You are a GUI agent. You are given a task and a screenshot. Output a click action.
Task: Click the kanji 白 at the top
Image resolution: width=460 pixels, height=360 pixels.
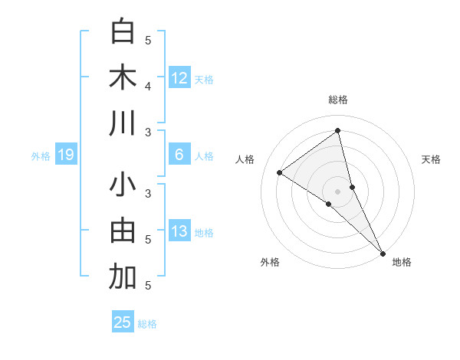(123, 32)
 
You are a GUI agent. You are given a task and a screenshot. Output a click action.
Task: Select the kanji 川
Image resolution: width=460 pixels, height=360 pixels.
(123, 124)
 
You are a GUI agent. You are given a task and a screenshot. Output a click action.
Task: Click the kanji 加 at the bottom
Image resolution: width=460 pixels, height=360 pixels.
(123, 277)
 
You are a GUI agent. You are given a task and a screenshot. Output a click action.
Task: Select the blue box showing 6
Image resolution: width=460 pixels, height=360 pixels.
(179, 155)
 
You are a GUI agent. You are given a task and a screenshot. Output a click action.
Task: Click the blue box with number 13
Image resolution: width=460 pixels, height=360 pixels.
(179, 231)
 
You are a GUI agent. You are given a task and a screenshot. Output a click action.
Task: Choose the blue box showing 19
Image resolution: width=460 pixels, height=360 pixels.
(65, 155)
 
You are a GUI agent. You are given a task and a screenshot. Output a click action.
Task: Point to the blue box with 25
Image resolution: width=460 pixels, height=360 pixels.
(123, 322)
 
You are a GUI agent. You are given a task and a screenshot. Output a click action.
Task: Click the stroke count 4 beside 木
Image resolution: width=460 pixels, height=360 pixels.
(148, 86)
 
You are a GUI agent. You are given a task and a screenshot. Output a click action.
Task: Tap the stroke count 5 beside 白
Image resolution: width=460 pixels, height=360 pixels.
(148, 40)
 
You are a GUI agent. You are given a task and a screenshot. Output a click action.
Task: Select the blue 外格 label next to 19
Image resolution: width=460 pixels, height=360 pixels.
(41, 156)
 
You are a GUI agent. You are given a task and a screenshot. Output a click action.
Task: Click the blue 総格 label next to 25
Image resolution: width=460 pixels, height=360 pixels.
(147, 324)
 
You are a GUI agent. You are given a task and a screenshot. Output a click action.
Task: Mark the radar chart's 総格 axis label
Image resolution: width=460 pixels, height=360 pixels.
(338, 100)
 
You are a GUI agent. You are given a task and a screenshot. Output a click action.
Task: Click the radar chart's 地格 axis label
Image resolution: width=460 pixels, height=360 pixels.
(402, 262)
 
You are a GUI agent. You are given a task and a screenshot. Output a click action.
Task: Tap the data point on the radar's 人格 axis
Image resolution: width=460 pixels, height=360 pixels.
(279, 172)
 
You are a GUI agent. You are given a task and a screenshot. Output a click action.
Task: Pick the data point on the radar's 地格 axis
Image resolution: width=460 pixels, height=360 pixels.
(383, 253)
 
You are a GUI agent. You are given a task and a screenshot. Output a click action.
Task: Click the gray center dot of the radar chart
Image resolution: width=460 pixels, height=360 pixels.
(338, 191)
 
